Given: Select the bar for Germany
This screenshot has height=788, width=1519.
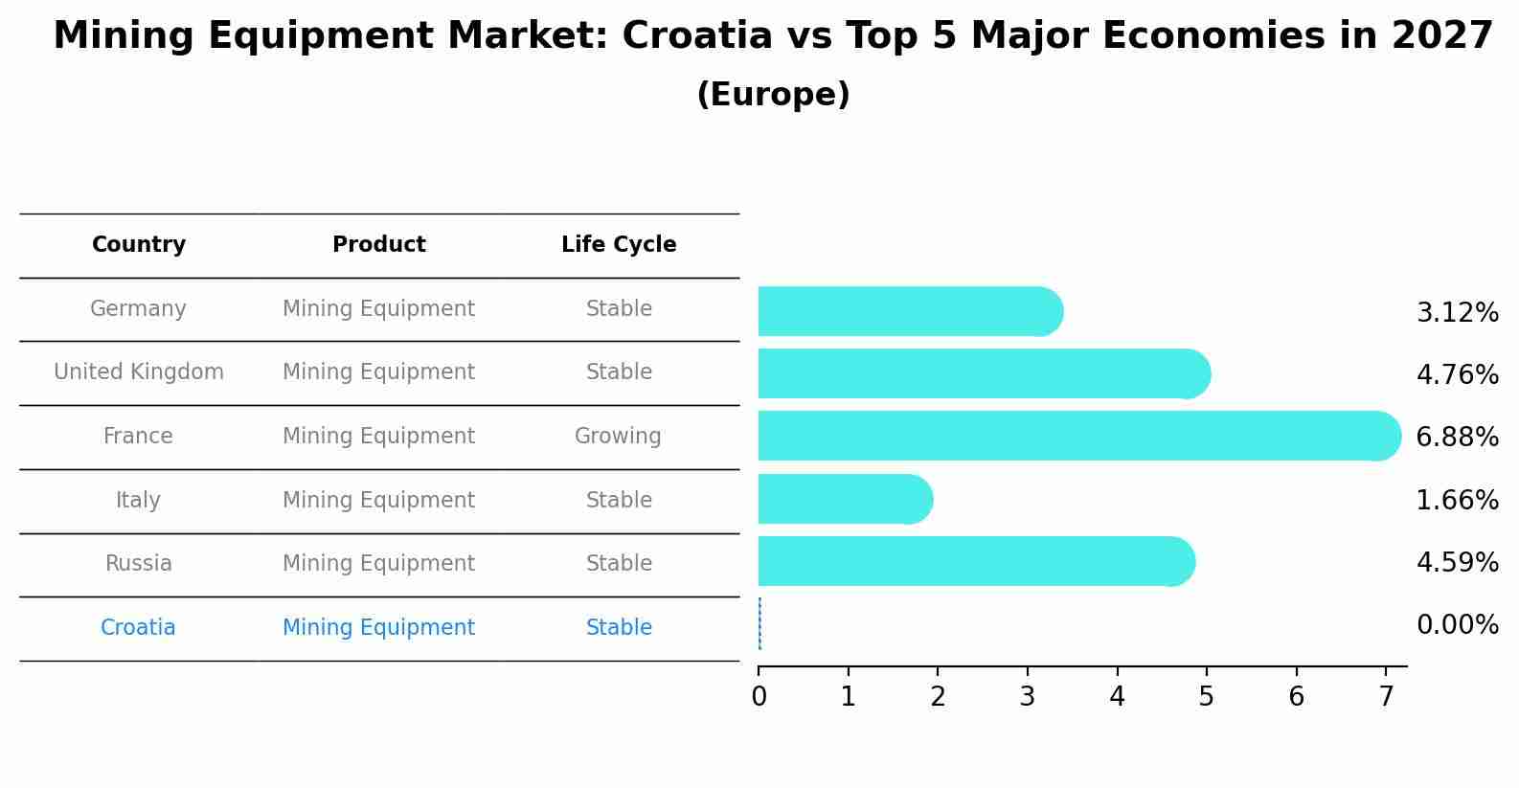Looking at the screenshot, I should pos(910,311).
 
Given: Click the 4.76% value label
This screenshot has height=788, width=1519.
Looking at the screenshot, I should pos(1457,374).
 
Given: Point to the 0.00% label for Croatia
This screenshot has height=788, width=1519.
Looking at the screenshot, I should pos(1457,625).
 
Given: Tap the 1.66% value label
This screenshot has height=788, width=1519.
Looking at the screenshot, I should pos(1457,500).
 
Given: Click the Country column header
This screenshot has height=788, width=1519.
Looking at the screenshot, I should pos(139,245).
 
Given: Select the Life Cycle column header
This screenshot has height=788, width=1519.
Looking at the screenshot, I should pos(619,245).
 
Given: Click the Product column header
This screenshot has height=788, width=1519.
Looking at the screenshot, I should pos(378,245).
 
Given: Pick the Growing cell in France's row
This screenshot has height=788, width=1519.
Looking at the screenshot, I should pos(618,437).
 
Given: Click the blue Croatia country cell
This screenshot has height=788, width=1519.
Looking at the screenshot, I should pos(138,628).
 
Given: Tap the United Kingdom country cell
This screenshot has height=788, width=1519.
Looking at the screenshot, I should pos(139,372).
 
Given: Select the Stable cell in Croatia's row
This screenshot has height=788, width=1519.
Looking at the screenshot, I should pos(619,628).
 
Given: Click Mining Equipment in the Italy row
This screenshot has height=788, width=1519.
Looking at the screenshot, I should pos(378,501).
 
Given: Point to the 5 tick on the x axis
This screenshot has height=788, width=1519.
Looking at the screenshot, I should pos(1207,697).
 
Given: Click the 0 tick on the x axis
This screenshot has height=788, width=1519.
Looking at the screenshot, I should pos(759,697).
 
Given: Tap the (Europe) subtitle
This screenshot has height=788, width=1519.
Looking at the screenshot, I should pos(773,95).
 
